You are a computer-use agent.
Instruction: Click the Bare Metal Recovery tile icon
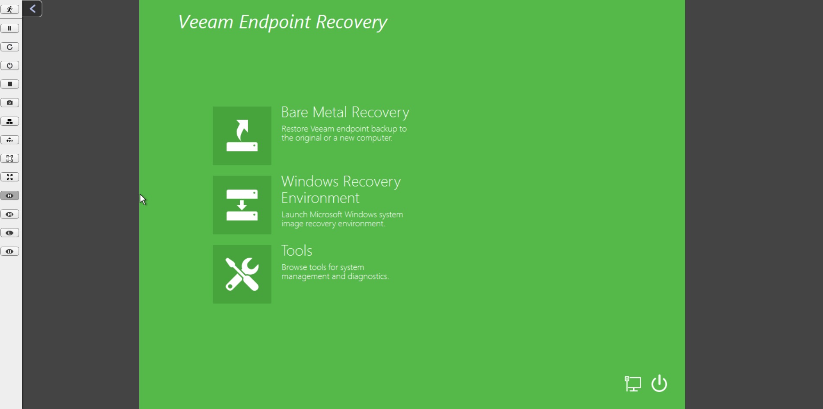[242, 136]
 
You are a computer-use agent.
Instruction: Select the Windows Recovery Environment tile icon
[242, 205]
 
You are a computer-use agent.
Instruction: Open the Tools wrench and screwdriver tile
[242, 274]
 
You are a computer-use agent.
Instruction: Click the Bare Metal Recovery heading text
[345, 113]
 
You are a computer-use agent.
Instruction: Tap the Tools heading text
[297, 250]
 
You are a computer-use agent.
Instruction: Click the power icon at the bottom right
[659, 384]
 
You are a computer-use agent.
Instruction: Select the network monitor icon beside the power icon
[633, 384]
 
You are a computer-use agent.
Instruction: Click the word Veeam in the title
[206, 22]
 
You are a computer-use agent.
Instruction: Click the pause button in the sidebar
[10, 29]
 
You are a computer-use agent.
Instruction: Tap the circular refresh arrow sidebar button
[10, 47]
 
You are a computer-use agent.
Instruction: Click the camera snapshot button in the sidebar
[10, 103]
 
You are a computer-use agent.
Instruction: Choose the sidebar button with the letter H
[10, 196]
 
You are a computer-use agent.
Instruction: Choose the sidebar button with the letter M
[10, 214]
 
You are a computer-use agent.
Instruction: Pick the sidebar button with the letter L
[10, 233]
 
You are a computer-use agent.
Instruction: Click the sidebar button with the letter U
[10, 251]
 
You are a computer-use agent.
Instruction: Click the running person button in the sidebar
[10, 10]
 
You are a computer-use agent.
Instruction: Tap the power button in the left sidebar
[10, 66]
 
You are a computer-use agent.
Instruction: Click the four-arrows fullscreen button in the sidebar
[10, 177]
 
